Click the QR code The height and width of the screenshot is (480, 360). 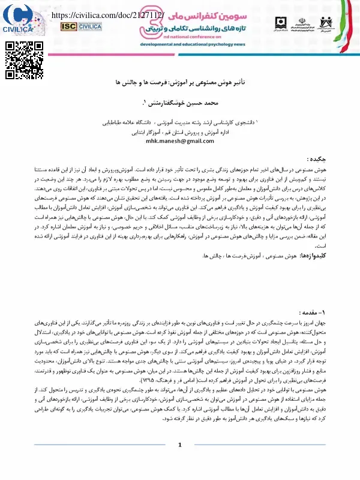click(19, 58)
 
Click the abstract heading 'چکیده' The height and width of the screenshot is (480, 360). click(316, 160)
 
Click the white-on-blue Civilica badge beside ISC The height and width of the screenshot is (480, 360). click(91, 26)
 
